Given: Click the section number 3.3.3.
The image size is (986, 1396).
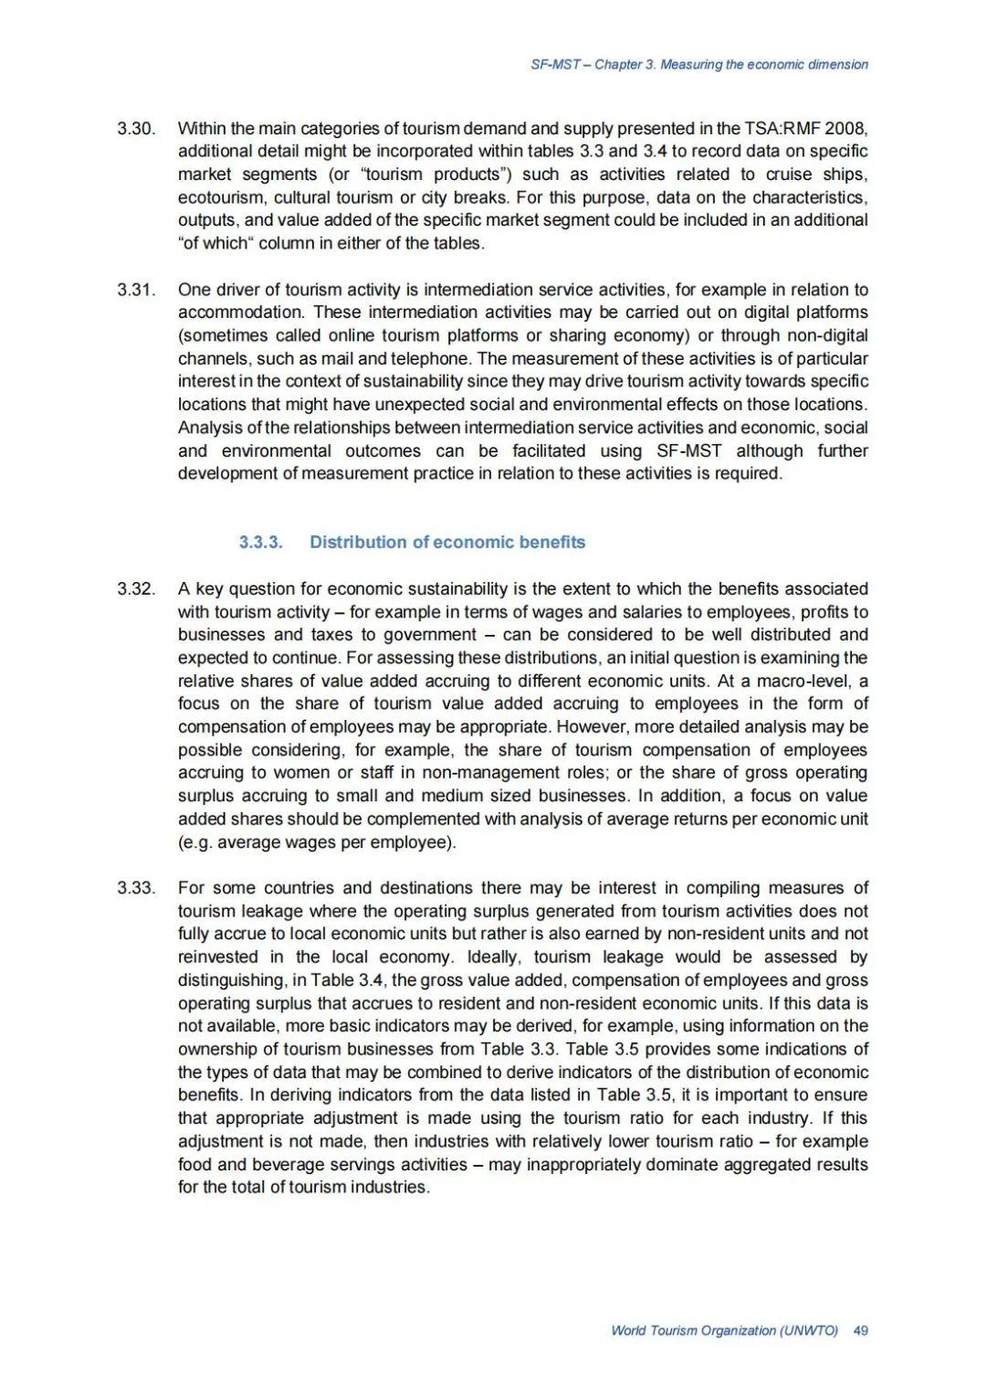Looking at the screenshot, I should pyautogui.click(x=261, y=542).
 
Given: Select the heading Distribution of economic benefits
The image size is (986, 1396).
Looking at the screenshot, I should pyautogui.click(x=447, y=542).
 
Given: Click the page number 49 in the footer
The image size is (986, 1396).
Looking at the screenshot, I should pyautogui.click(x=860, y=1330).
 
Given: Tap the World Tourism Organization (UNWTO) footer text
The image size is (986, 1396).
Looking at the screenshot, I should pyautogui.click(x=724, y=1330).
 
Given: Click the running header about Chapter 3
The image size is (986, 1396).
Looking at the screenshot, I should pyautogui.click(x=699, y=65).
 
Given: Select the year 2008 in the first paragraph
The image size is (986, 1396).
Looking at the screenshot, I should pyautogui.click(x=845, y=128).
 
